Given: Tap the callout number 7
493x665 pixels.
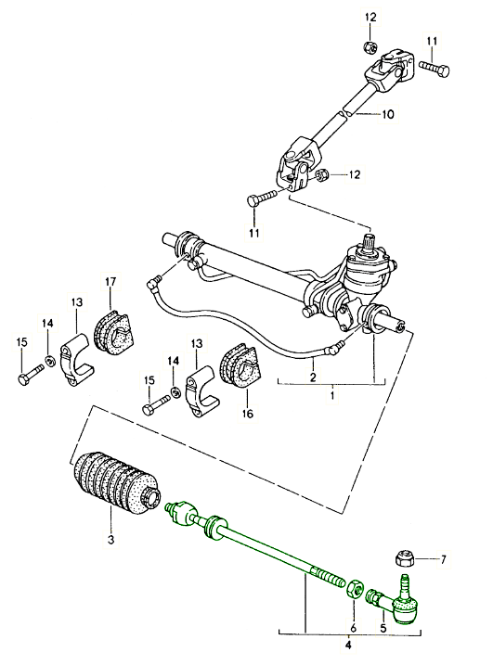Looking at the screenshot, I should tap(444, 559).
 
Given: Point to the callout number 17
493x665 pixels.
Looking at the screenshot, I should tap(110, 282).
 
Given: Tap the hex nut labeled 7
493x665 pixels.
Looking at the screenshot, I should tap(405, 558).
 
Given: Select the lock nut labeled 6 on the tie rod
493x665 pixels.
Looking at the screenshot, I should tap(356, 589).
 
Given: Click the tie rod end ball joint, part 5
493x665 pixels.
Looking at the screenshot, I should tap(401, 606).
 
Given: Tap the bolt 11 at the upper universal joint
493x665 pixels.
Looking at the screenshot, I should tap(433, 69).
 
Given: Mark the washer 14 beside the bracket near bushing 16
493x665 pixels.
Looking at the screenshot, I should tap(174, 394).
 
